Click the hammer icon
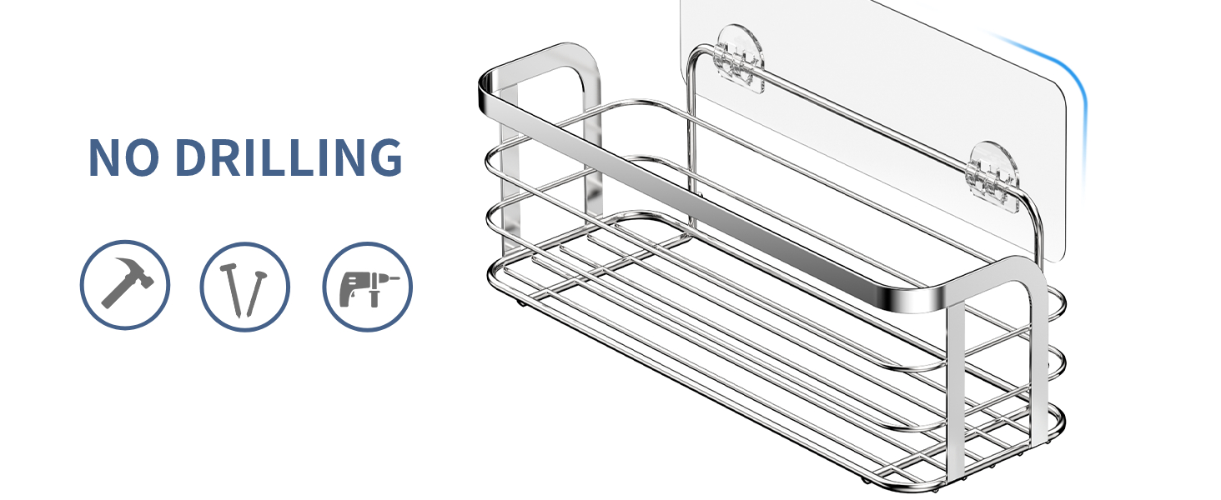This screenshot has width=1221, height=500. coord(125,286)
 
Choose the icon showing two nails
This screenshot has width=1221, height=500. coord(244,286)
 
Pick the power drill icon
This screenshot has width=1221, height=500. coord(367,286)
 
